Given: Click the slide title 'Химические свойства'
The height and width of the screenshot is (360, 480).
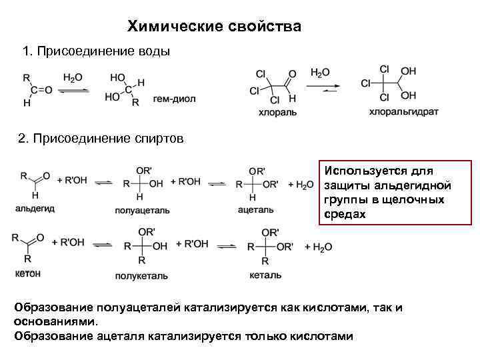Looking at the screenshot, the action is [x=214, y=27].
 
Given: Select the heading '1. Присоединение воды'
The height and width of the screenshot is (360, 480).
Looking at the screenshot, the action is [x=96, y=51].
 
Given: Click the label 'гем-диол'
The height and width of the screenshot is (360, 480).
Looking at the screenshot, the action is [x=174, y=99].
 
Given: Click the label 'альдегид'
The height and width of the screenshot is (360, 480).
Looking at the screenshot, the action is [x=35, y=209].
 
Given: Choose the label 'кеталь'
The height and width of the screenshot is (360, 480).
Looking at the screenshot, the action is [x=265, y=275].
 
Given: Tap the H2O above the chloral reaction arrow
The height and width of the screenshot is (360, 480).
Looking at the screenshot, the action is [x=320, y=72].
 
